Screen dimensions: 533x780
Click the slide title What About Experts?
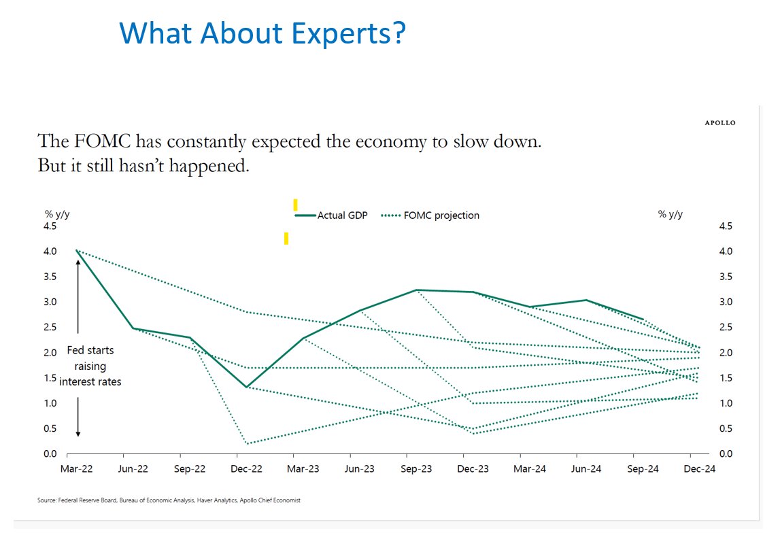click(262, 33)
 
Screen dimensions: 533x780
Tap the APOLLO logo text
click(719, 123)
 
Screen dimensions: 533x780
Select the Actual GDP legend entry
click(332, 216)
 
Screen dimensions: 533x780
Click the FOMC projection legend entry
click(430, 216)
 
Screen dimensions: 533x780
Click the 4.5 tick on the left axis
click(52, 226)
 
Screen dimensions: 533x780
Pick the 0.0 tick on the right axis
click(726, 453)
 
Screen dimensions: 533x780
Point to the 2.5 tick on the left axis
click(52, 327)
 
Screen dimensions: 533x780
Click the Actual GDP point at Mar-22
click(76, 251)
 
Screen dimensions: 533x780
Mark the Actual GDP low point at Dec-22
click(247, 387)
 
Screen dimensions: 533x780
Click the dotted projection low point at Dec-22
click(247, 443)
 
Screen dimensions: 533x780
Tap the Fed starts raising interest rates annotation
click(90, 366)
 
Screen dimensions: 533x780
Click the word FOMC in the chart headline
click(108, 141)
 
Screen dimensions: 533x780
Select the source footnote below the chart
click(169, 500)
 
